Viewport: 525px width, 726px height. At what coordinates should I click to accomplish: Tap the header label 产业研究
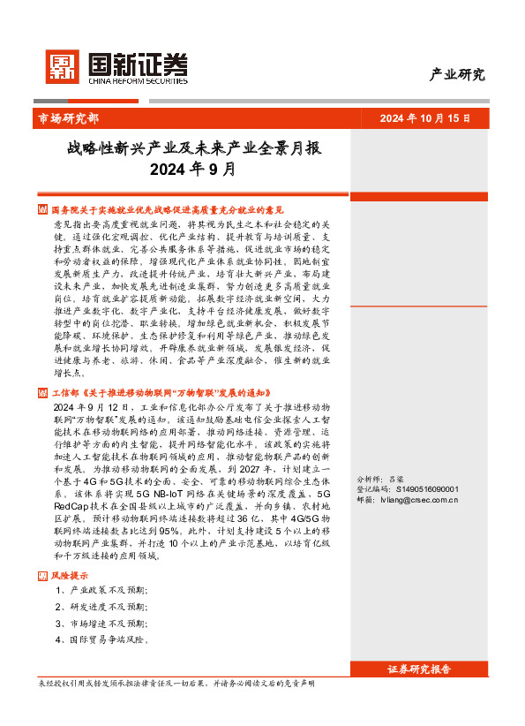[456, 74]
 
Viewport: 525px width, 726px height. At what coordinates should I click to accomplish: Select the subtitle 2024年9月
[192, 169]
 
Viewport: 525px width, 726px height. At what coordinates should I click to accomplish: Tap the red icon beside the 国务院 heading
[42, 210]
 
